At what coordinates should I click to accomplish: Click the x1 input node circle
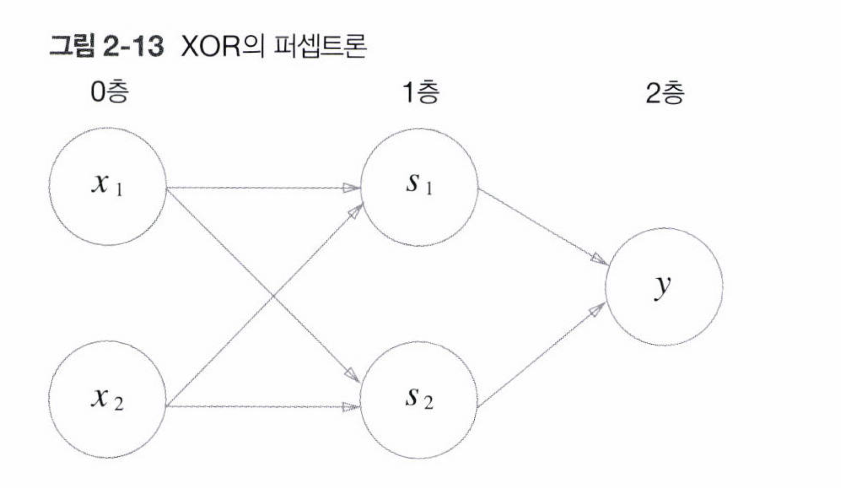(108, 186)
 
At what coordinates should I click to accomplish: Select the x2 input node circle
(108, 400)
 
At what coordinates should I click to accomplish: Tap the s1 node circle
(419, 187)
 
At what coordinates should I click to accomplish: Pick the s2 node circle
(419, 400)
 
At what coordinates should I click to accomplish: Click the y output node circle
(664, 286)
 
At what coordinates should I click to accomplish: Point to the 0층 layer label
(109, 93)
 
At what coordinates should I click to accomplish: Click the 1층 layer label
(421, 93)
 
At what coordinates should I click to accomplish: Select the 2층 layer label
(665, 93)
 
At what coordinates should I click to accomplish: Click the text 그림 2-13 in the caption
(106, 47)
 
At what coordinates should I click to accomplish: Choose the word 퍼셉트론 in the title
(321, 47)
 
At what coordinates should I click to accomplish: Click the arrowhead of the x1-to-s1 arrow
(352, 188)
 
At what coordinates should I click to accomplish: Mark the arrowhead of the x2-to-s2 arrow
(351, 407)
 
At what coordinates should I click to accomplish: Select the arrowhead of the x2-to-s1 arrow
(355, 211)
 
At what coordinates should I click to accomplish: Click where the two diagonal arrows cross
(272, 296)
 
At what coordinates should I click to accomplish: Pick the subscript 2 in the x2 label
(119, 404)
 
